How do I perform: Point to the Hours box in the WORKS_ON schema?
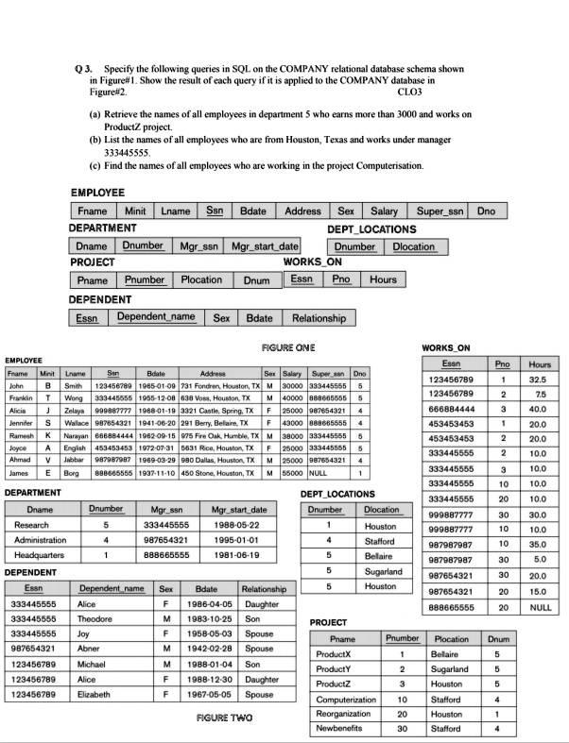(x=383, y=279)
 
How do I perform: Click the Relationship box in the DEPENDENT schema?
(x=319, y=316)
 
